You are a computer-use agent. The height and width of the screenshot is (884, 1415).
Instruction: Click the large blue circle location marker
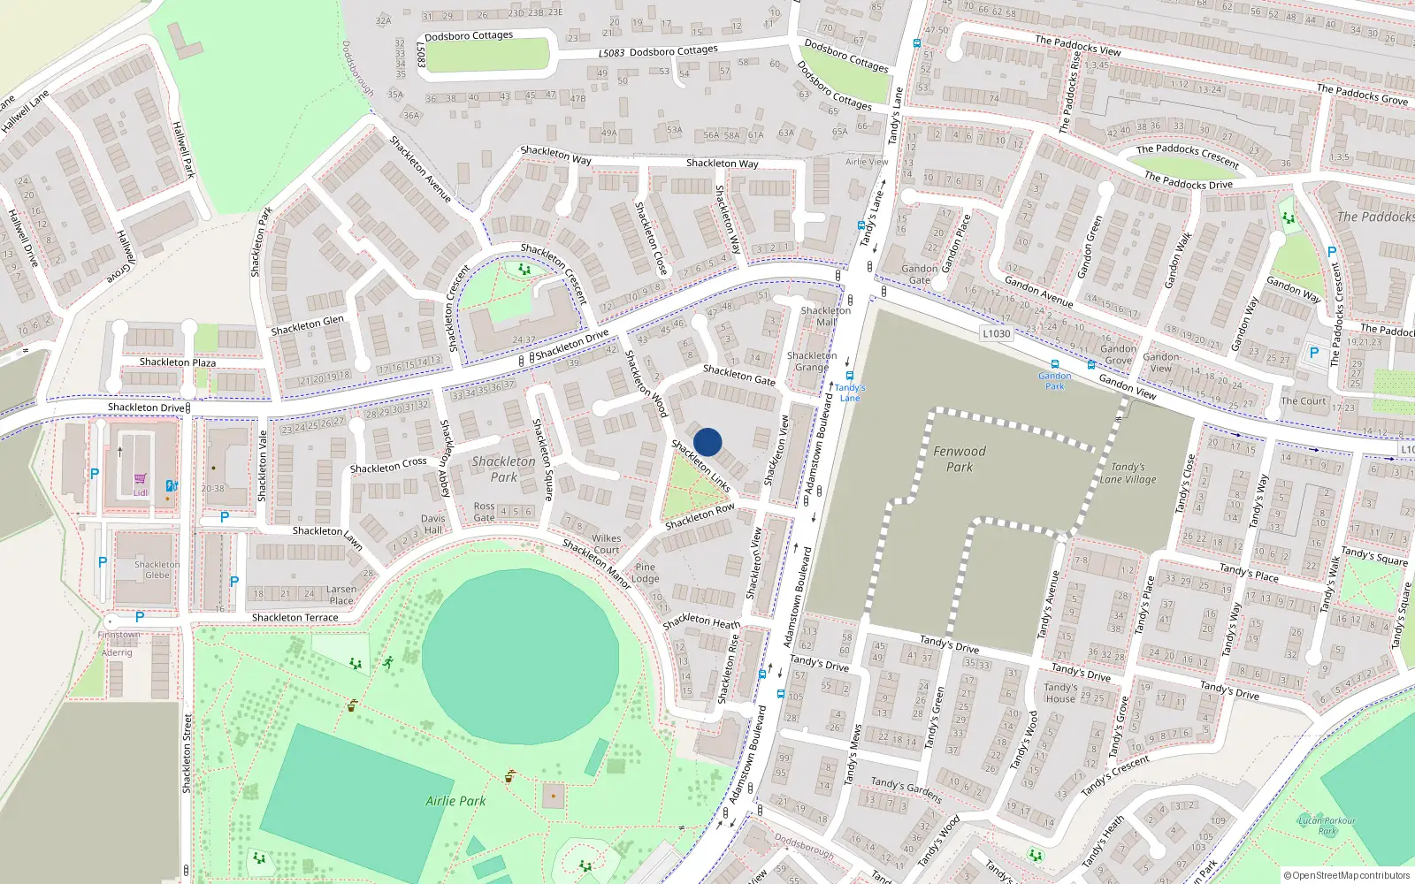click(x=707, y=442)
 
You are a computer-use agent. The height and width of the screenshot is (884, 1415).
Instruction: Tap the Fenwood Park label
click(x=960, y=459)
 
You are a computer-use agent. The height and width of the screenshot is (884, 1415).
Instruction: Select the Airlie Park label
click(x=455, y=801)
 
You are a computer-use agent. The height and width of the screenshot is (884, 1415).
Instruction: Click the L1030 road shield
click(x=996, y=333)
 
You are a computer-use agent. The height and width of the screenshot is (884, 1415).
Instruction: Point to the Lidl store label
click(x=141, y=492)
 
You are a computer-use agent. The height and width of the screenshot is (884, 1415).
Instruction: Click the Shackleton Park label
click(x=503, y=469)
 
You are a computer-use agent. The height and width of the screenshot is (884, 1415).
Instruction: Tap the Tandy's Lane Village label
click(x=1128, y=473)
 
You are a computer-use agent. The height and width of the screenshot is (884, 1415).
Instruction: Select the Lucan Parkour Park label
click(x=1327, y=825)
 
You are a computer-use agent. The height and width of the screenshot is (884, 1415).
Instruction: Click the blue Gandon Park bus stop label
click(x=1054, y=381)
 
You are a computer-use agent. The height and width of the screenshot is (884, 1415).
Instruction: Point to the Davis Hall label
click(x=433, y=524)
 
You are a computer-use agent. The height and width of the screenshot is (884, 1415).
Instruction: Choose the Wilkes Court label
click(x=607, y=544)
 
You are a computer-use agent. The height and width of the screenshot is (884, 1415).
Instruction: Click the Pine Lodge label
click(x=646, y=573)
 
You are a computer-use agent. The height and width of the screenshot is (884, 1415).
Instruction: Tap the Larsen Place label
click(x=341, y=595)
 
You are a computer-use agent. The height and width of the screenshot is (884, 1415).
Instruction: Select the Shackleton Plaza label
click(x=177, y=362)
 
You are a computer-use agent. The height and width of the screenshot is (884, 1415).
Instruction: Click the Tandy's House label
click(x=1059, y=692)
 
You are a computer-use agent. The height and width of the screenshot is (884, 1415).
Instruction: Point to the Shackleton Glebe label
click(x=157, y=569)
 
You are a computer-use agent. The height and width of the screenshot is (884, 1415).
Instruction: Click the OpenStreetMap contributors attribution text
click(x=1347, y=875)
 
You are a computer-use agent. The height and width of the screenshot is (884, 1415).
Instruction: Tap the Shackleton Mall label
click(x=826, y=316)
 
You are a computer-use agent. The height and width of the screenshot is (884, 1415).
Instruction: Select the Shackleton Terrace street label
click(x=294, y=617)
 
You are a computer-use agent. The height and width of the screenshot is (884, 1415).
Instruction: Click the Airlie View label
click(x=867, y=162)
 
